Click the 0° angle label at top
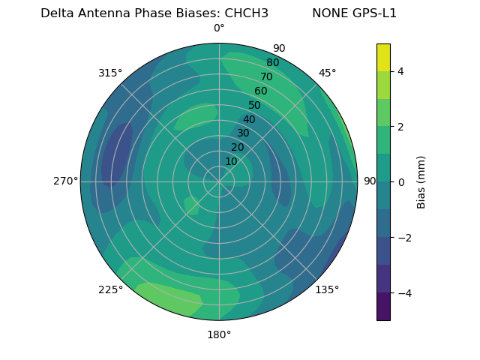point(219,28)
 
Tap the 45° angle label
point(327,73)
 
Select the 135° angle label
point(327,289)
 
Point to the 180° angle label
point(219,334)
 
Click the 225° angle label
point(110,289)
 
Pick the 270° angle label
point(66,181)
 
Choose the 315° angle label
point(110,73)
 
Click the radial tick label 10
point(231,161)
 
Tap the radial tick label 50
point(254,105)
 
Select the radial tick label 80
point(272,62)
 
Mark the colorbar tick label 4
point(401,71)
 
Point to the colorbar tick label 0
point(401,181)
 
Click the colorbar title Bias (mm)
point(421,181)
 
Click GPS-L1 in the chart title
point(370,13)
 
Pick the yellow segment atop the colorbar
point(383,57)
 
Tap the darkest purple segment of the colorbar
point(383,307)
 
